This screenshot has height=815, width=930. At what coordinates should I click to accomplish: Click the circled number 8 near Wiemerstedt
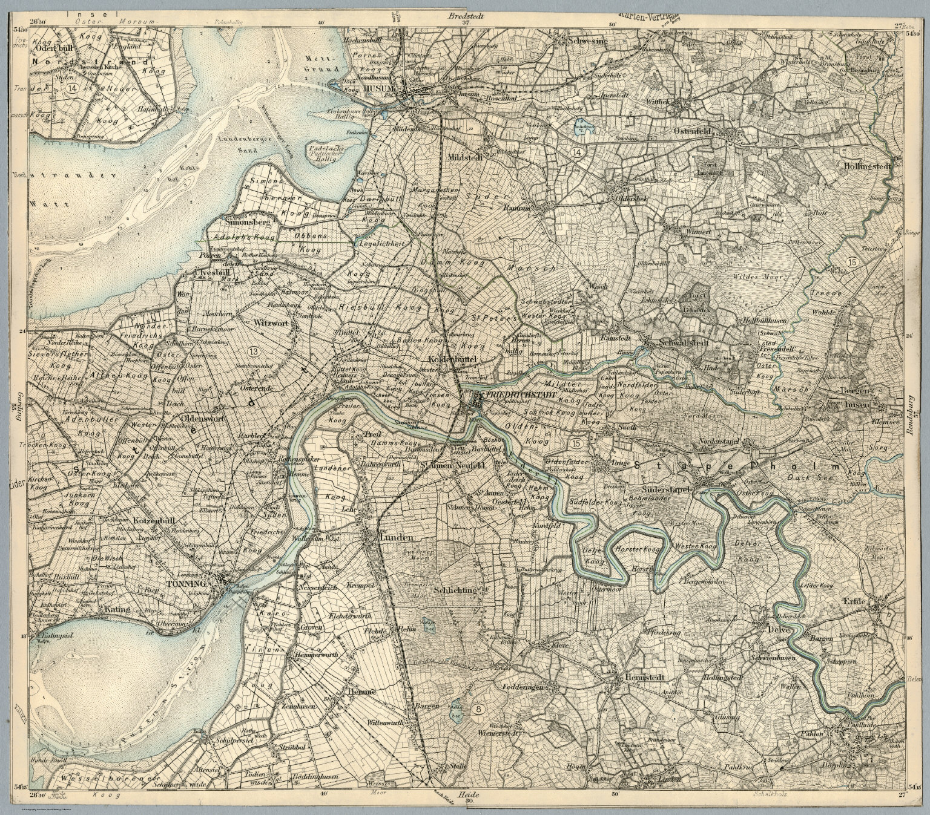click(x=480, y=709)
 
